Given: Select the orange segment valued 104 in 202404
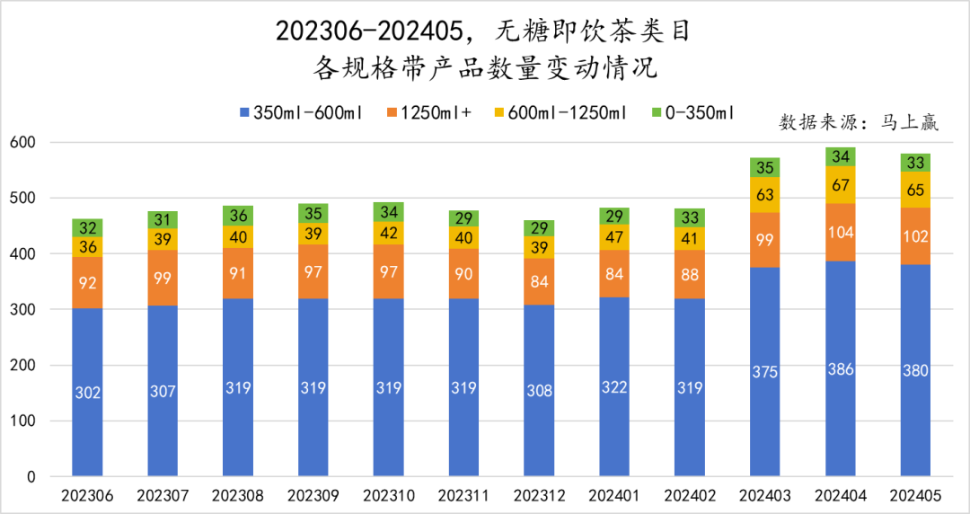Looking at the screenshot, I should [841, 232].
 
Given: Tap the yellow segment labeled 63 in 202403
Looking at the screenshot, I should [765, 195].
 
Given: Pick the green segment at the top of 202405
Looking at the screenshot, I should [915, 163].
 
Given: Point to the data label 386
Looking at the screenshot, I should [841, 369].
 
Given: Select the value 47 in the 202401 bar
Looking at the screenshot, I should [614, 237].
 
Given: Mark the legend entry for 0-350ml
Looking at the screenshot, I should [692, 113].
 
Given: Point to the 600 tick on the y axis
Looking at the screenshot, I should [22, 142].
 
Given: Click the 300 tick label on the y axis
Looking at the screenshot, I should [22, 309].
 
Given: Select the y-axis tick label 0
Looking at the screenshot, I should [30, 476].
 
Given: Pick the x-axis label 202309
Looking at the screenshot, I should [313, 496].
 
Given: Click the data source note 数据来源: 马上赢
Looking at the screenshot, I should [858, 123].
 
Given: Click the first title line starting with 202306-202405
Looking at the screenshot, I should [484, 31].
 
